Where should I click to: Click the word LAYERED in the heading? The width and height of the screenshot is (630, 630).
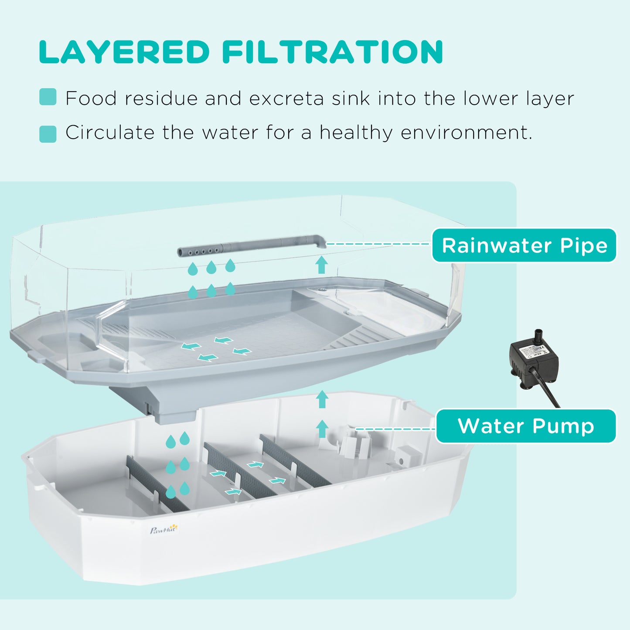pyautogui.click(x=124, y=52)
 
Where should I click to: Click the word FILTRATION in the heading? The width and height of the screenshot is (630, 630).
pyautogui.click(x=333, y=52)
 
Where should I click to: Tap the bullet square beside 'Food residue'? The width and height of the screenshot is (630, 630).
pyautogui.click(x=48, y=97)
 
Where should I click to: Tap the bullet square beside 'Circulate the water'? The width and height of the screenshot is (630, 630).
pyautogui.click(x=48, y=134)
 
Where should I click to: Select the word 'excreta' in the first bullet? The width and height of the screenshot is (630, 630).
pyautogui.click(x=286, y=99)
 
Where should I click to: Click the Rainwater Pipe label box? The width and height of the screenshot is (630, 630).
pyautogui.click(x=524, y=245)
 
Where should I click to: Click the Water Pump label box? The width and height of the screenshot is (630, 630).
pyautogui.click(x=526, y=426)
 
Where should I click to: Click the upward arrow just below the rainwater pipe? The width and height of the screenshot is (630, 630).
pyautogui.click(x=322, y=265)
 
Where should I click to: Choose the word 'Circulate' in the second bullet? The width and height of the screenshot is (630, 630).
pyautogui.click(x=109, y=133)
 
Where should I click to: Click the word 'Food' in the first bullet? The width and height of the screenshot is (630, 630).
pyautogui.click(x=91, y=99)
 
